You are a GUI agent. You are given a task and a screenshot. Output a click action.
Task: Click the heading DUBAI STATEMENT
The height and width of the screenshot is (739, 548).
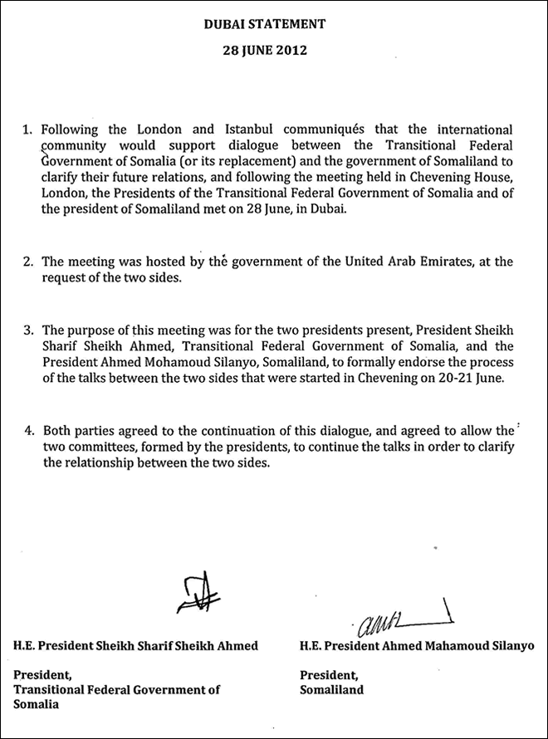point(276,26)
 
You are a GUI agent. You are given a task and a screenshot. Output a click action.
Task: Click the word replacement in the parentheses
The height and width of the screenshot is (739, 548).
point(246,166)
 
